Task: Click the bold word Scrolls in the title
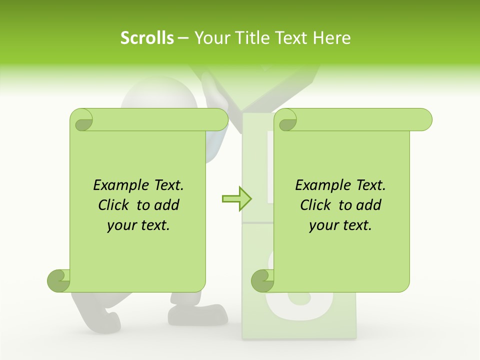point(147,38)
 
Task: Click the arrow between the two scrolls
point(236,198)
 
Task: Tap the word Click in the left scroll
point(115,205)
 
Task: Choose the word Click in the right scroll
point(317,205)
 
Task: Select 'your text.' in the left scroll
point(138,225)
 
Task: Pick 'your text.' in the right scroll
point(340,225)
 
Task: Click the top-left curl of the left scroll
point(82,120)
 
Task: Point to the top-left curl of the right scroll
point(286,120)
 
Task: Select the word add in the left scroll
point(167,205)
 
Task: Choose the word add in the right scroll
point(369,205)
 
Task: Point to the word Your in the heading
point(210,38)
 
